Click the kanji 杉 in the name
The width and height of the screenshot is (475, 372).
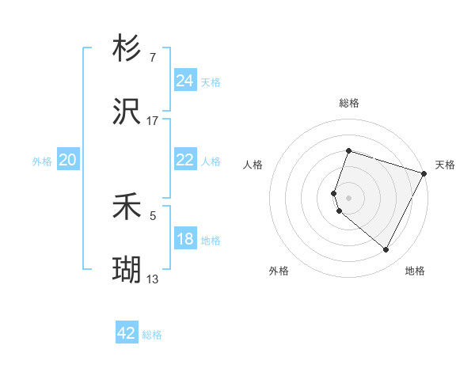[x=127, y=47]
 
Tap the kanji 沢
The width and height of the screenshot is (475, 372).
[x=127, y=111]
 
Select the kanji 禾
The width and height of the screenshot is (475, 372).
[x=127, y=206]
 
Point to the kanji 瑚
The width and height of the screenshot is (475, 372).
[x=127, y=269]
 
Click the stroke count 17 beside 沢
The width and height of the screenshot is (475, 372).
[x=152, y=121]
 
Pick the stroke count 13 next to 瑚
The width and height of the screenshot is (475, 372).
[x=152, y=279]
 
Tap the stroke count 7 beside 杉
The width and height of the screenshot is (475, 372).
[x=153, y=58]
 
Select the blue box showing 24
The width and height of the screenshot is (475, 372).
[x=185, y=80]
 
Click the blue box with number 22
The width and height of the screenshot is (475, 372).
[x=185, y=159]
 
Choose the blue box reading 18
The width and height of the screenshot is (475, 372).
[x=185, y=237]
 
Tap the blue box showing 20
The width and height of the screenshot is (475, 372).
[x=68, y=159]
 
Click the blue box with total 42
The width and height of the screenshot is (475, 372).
[x=127, y=332]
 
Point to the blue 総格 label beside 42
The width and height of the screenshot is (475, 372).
[x=152, y=335]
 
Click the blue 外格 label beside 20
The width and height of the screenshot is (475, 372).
[x=42, y=161]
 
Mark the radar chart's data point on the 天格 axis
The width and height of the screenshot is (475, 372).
[x=424, y=173]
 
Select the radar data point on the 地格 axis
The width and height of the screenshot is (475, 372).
[x=386, y=249]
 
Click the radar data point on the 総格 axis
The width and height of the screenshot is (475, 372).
[x=348, y=150]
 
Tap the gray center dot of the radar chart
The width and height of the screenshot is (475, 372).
[x=348, y=198]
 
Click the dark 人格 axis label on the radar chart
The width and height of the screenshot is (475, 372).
[x=253, y=165]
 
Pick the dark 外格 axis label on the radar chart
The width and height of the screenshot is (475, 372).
[x=279, y=271]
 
